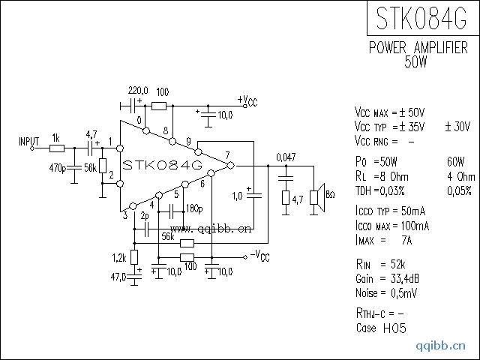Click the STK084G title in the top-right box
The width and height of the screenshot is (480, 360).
pyautogui.click(x=422, y=18)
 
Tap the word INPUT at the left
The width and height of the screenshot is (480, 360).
pyautogui.click(x=29, y=140)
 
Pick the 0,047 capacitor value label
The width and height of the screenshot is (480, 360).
pyautogui.click(x=286, y=157)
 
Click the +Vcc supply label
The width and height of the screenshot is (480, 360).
pyautogui.click(x=247, y=100)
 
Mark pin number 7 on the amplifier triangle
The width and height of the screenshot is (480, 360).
pyautogui.click(x=226, y=155)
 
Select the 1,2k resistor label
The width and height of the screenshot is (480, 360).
pyautogui.click(x=118, y=258)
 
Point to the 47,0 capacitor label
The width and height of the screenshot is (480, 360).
pyautogui.click(x=118, y=277)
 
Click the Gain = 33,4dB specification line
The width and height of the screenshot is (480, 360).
pyautogui.click(x=382, y=278)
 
